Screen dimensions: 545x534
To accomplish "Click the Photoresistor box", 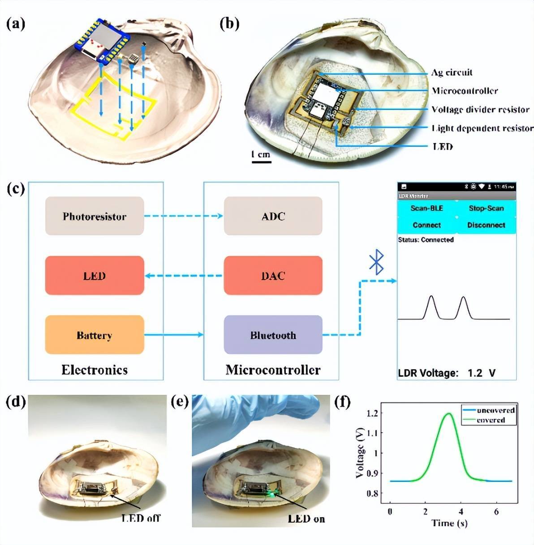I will [x=95, y=216].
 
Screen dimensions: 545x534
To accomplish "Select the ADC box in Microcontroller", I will [x=273, y=216].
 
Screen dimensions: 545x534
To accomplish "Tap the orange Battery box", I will [x=95, y=335].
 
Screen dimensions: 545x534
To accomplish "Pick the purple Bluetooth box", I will [x=273, y=335].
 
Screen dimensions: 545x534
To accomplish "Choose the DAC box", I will [x=273, y=276].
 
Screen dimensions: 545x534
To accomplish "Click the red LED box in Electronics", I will [x=95, y=276].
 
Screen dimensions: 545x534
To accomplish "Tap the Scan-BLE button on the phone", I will [x=426, y=208].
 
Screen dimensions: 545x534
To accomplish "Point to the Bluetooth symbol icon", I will [x=376, y=262].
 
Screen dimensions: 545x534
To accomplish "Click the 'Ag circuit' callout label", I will [x=452, y=72].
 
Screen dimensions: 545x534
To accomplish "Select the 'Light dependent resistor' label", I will [x=482, y=128].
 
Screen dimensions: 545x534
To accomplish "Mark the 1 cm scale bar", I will [x=261, y=161].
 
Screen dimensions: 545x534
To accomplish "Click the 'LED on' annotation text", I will [x=306, y=519].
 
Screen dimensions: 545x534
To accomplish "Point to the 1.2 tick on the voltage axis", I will [x=372, y=413].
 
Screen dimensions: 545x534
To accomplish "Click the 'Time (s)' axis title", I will [x=449, y=523].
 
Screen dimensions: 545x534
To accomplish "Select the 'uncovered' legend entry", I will [x=495, y=410].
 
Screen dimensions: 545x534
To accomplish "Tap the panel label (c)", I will [x=16, y=188].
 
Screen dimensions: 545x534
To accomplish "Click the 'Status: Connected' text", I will [x=426, y=240].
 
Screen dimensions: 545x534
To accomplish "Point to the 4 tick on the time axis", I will [x=461, y=511].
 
